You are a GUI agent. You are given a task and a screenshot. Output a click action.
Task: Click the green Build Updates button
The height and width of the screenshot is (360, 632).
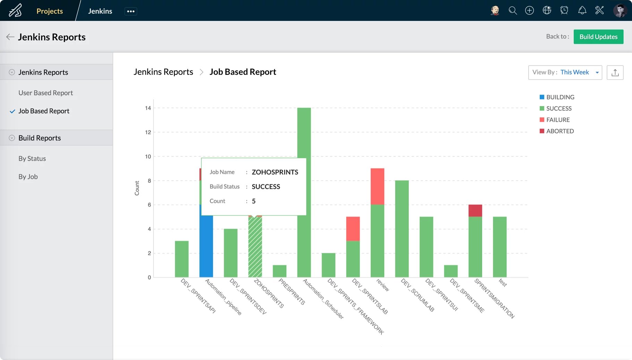598,37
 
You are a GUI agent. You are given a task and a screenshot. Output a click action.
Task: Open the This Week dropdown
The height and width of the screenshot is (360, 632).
565,72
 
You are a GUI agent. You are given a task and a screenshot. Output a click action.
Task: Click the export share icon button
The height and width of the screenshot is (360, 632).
615,72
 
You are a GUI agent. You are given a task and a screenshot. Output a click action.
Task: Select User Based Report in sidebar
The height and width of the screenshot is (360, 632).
45,93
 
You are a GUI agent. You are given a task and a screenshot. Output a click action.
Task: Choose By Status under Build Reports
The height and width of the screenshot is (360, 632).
32,158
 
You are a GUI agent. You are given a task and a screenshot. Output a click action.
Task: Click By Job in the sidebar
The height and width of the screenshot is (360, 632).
28,177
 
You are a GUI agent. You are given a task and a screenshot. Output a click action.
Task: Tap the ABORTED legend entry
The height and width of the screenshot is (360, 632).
560,131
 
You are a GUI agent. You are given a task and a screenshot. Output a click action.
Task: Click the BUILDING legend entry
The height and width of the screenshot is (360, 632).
560,97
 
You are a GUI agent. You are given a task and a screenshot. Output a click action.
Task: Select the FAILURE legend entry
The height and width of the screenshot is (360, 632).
557,120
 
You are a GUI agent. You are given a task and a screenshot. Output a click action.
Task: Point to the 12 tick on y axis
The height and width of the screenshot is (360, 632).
148,132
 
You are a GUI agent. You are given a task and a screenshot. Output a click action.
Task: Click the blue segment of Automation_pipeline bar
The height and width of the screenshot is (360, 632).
206,246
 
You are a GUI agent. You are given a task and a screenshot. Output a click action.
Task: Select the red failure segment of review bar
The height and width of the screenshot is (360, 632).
377,186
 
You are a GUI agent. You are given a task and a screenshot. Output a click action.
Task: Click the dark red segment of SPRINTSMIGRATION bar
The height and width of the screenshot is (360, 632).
475,211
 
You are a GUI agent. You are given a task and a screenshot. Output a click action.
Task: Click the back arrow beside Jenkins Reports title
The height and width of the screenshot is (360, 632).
10,37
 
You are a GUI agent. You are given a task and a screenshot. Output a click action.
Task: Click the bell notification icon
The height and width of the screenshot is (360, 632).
582,10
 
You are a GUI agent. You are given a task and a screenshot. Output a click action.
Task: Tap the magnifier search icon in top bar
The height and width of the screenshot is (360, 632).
512,10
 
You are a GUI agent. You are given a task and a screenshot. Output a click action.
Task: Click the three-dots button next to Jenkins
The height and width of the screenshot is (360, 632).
130,11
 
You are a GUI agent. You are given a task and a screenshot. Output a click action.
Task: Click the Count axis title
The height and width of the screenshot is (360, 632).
137,188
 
